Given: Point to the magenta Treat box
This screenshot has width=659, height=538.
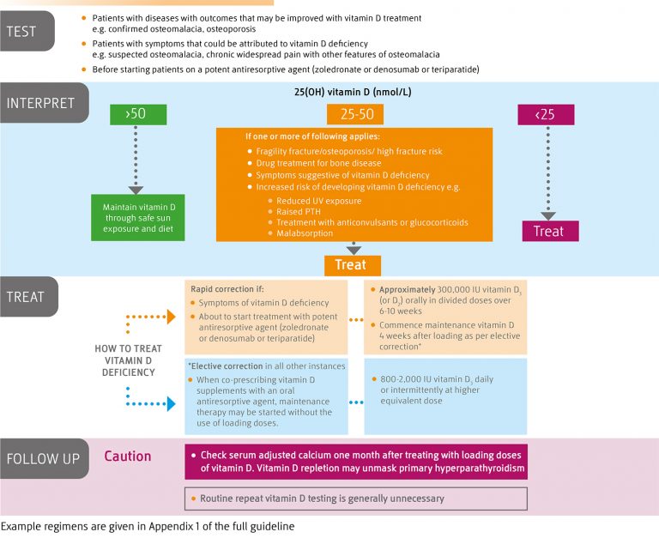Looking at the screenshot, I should pos(549,231).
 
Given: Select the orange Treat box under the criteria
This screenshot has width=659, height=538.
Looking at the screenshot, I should pos(352,265).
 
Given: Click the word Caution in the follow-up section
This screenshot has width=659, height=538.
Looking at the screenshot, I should pos(128,456).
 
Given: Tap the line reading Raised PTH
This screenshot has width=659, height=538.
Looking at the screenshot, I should pos(296,211).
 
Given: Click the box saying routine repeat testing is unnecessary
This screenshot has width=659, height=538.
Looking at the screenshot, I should pos(355,498).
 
